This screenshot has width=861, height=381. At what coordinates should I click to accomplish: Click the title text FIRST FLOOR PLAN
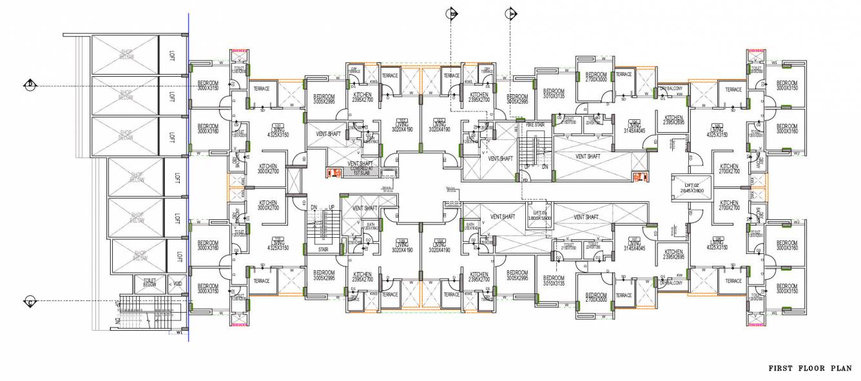pyautogui.click(x=810, y=368)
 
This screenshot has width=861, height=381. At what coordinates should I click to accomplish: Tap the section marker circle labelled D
pyautogui.click(x=30, y=84)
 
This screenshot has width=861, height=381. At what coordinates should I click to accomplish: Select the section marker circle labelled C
pyautogui.click(x=30, y=301)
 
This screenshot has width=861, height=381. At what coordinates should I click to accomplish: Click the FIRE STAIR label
pyautogui.click(x=536, y=124)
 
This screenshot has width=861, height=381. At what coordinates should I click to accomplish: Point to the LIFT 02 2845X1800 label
pyautogui.click(x=690, y=188)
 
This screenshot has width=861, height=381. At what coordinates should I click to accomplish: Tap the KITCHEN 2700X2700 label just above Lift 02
pyautogui.click(x=729, y=169)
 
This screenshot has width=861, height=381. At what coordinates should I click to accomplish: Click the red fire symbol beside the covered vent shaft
pyautogui.click(x=333, y=173)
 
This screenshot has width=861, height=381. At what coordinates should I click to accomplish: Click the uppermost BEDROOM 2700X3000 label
pyautogui.click(x=595, y=77)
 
